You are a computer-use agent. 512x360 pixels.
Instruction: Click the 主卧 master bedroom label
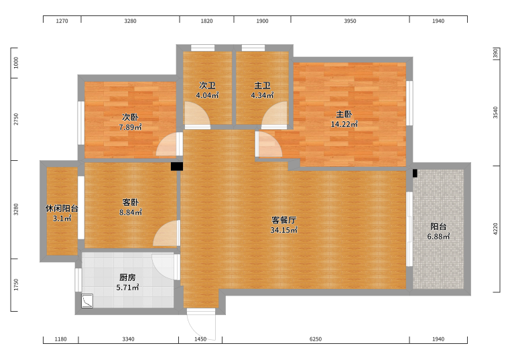[x=344, y=114]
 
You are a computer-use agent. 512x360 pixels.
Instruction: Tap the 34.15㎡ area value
[x=283, y=230]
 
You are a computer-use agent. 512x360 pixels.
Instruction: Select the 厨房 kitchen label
[x=127, y=278]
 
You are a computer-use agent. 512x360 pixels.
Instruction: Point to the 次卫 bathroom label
[x=207, y=86]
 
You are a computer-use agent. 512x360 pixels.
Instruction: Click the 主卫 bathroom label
[x=262, y=86]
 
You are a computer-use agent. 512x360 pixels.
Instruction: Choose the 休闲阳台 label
[x=62, y=208]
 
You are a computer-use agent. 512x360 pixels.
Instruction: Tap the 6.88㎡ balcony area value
[x=438, y=237]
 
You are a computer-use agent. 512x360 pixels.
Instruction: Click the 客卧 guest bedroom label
[x=130, y=202]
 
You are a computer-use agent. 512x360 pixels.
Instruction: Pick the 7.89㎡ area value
[x=130, y=127]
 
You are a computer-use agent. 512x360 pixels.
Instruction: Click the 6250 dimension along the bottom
[x=316, y=339]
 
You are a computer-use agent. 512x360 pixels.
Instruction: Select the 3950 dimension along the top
[x=350, y=21]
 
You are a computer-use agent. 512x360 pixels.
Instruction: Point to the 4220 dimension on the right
[x=495, y=229]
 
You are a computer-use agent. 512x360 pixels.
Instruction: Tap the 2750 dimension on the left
[x=16, y=119]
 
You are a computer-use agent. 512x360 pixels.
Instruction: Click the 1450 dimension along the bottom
[x=200, y=339]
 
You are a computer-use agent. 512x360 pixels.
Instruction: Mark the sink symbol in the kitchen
[x=87, y=301]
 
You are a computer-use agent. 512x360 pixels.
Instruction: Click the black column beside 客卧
[x=177, y=167]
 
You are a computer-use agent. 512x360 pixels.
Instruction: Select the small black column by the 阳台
[x=415, y=173]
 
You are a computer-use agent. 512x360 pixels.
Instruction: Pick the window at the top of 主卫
[x=253, y=48]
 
